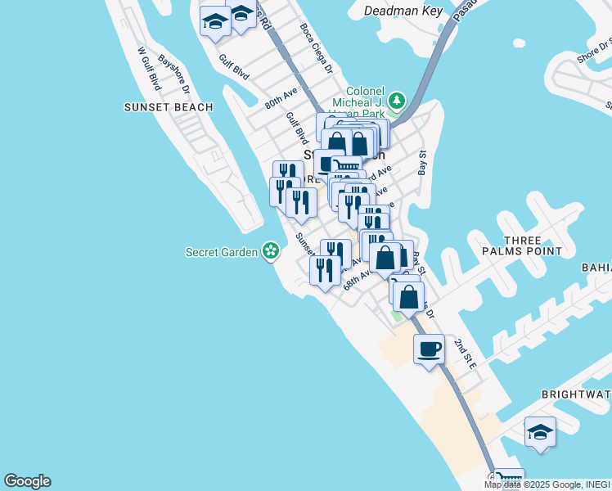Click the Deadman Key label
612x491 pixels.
click(x=403, y=11)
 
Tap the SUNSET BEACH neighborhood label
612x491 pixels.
click(x=169, y=107)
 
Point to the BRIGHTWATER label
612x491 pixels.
click(x=576, y=394)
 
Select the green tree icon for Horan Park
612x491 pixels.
click(x=397, y=101)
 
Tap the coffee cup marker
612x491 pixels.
click(x=430, y=349)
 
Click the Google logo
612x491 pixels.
click(x=27, y=481)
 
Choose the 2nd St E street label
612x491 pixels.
click(x=465, y=354)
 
